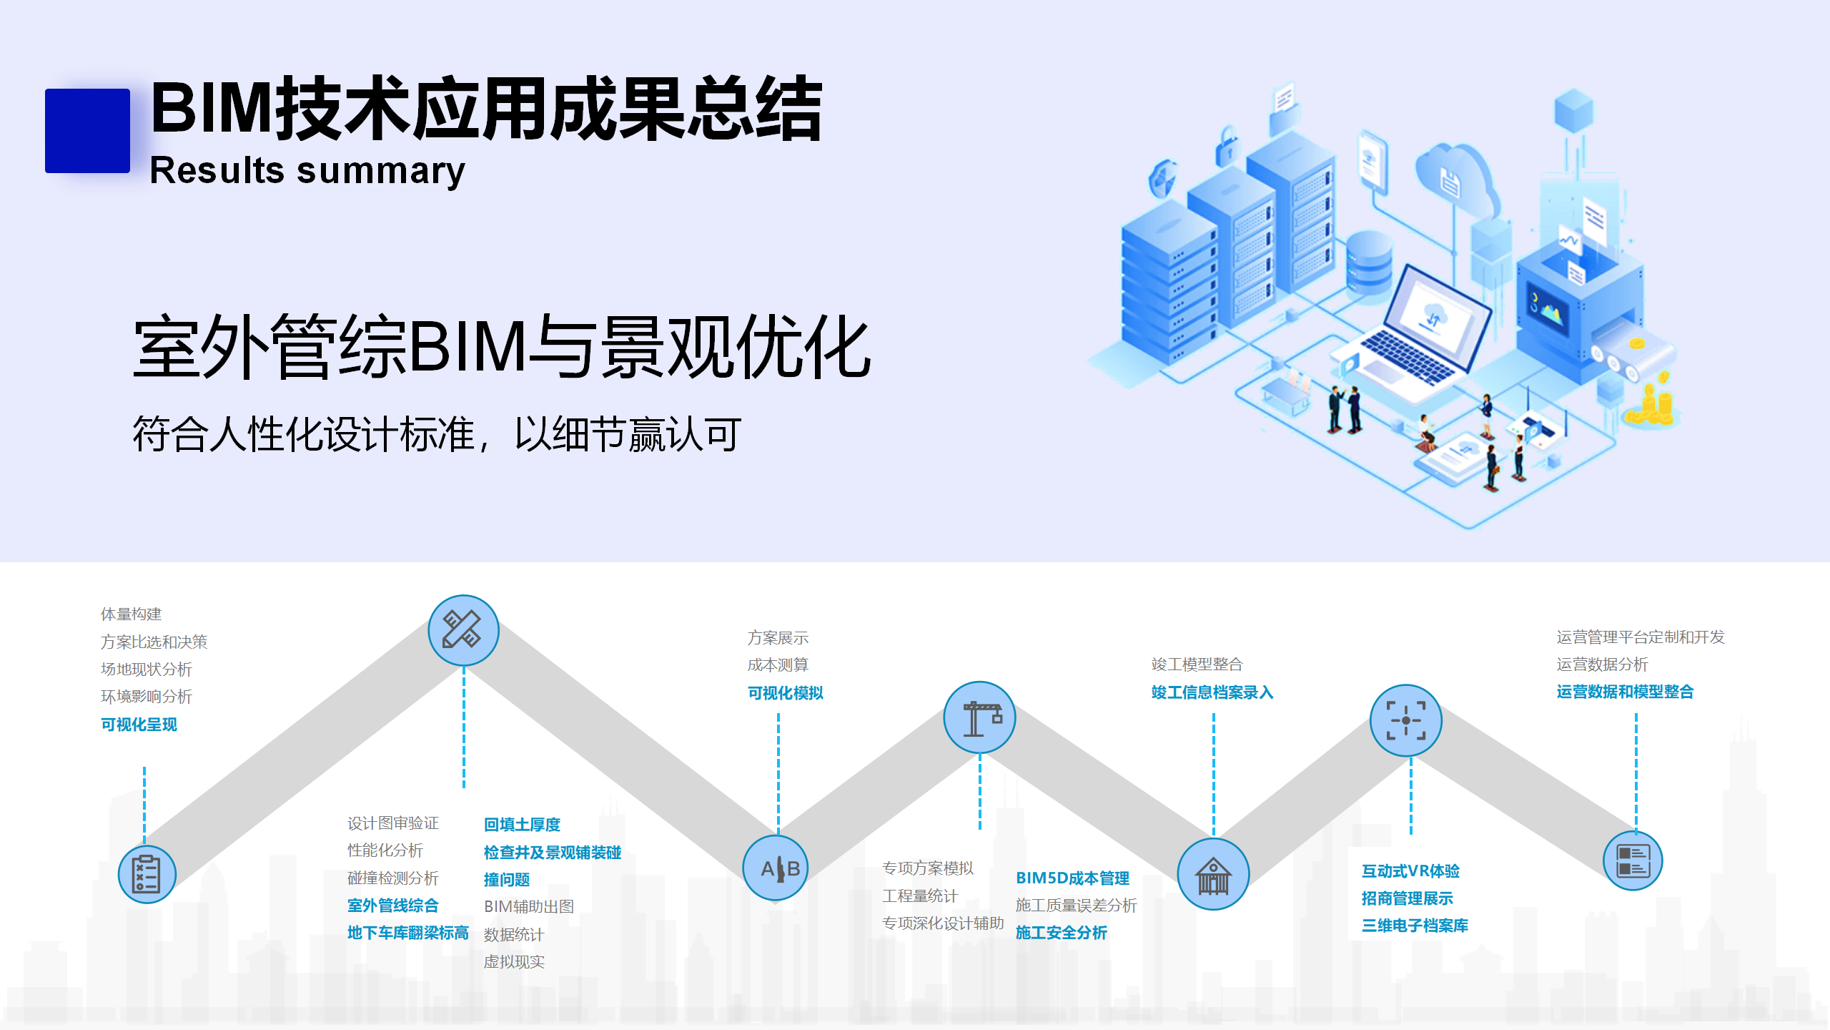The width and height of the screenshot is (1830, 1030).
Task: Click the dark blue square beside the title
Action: [87, 130]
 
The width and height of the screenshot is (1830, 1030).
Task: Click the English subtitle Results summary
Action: [307, 171]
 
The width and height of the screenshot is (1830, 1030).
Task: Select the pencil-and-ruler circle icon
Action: [463, 630]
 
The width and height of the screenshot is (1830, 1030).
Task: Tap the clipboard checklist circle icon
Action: [147, 873]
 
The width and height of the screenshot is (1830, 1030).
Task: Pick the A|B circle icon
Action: [776, 868]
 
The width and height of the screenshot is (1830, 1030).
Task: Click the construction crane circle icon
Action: [979, 717]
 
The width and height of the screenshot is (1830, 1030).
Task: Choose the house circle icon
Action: [1213, 874]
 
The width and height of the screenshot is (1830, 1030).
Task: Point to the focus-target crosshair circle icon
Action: [1405, 720]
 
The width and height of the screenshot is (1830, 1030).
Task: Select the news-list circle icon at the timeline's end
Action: [1633, 860]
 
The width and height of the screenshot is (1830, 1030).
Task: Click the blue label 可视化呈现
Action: [139, 725]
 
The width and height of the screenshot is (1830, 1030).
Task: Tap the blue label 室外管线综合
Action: [392, 906]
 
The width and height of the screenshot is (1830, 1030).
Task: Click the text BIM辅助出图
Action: [529, 907]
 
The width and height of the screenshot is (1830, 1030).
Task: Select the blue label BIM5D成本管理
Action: [1072, 878]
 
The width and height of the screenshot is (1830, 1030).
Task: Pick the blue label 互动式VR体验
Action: [1410, 871]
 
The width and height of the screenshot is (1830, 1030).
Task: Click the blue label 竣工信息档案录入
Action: [1212, 692]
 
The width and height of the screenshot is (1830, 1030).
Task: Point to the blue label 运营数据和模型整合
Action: [1625, 692]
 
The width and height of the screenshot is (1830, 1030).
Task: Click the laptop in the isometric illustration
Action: [1423, 330]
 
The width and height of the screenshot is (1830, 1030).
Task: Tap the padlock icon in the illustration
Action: [1229, 146]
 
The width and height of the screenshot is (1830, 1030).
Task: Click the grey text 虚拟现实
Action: [514, 962]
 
